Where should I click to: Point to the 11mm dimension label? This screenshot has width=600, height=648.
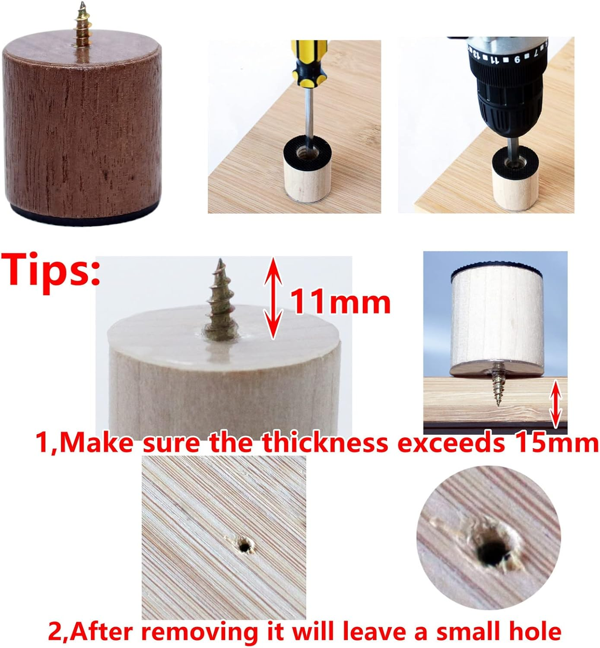tap(340, 302)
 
